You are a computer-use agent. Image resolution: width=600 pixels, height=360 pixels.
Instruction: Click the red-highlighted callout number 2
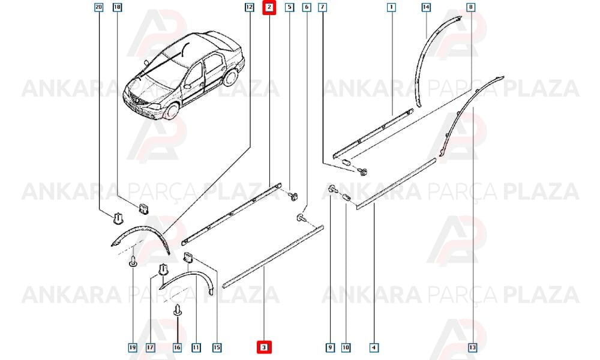tap(269, 7)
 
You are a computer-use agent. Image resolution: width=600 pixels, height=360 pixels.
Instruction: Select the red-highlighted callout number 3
tap(263, 347)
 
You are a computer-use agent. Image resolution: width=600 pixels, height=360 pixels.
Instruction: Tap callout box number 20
tap(99, 7)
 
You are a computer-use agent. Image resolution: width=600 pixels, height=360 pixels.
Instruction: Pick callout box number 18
tap(117, 7)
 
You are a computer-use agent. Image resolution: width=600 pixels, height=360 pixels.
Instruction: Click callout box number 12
tap(250, 7)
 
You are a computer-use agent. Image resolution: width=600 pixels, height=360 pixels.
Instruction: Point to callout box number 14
tap(426, 7)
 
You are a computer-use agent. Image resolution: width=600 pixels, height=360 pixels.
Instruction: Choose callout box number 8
tap(471, 7)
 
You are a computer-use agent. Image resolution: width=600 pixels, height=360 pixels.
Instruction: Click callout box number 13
tap(473, 347)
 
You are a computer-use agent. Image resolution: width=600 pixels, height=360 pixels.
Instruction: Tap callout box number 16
tap(177, 347)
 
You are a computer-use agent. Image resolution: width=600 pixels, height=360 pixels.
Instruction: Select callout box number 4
tap(374, 347)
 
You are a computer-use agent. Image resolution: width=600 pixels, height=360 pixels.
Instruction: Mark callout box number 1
tap(391, 7)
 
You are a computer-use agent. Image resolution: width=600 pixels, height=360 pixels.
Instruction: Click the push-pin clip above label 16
tap(178, 310)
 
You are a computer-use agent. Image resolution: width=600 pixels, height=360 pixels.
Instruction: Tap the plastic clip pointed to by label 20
tap(118, 218)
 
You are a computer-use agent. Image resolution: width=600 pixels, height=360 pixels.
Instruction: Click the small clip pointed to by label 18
tap(144, 209)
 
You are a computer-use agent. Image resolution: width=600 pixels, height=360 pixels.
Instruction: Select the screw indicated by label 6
tap(301, 218)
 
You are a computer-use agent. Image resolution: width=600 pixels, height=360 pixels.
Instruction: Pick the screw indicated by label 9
tap(332, 188)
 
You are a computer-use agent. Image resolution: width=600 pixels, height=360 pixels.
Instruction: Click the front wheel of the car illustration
tap(171, 110)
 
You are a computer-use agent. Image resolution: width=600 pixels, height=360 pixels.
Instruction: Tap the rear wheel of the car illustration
tap(230, 77)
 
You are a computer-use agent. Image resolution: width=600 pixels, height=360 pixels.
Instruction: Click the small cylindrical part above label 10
tap(346, 198)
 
